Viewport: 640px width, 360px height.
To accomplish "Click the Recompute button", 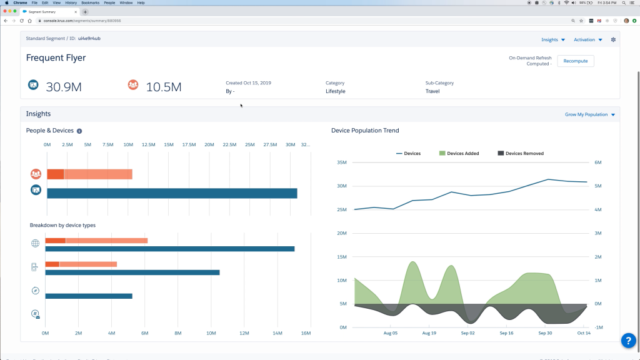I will point(575,61).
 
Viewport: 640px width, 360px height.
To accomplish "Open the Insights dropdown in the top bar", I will point(552,39).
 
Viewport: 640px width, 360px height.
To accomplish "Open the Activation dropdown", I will point(587,39).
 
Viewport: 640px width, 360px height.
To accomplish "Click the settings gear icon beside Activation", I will point(613,39).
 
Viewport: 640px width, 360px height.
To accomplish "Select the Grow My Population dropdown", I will point(590,115).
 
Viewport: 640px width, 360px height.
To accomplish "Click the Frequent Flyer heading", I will point(56,57).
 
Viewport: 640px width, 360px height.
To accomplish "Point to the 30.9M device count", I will point(64,87).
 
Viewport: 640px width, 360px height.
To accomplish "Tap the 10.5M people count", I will point(163,87).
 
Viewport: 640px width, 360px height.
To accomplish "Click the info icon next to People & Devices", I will point(79,131).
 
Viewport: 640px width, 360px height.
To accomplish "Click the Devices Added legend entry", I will point(459,153).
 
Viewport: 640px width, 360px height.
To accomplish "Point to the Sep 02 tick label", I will point(467,333).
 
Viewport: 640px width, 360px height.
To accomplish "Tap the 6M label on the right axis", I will point(597,162).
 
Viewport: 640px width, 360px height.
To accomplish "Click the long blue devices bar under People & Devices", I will point(172,193).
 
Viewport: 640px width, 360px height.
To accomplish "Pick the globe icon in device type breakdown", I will point(35,244).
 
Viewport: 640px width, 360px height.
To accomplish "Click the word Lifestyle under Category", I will point(335,91).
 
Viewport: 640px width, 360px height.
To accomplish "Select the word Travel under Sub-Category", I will point(432,91).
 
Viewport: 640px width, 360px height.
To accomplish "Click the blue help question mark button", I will point(627,340).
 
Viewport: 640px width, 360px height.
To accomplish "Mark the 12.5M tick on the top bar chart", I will point(148,144).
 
